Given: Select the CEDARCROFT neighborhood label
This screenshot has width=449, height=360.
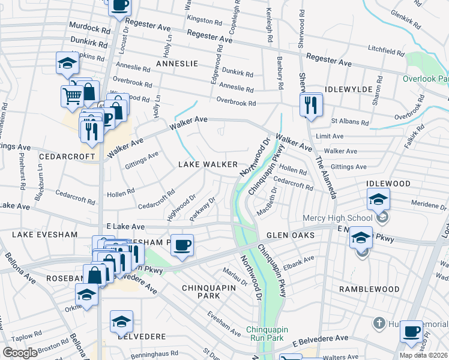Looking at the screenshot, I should coord(67,156).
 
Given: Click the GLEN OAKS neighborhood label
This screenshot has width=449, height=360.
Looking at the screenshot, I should coord(291,236).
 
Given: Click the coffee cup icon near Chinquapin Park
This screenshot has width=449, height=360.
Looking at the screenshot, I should coord(182,245).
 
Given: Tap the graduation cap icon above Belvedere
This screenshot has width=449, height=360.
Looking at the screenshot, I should coord(121,322).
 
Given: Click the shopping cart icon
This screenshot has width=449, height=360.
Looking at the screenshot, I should coord(72,95).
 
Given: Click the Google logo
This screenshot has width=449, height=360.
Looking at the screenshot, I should coord(20,353).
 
